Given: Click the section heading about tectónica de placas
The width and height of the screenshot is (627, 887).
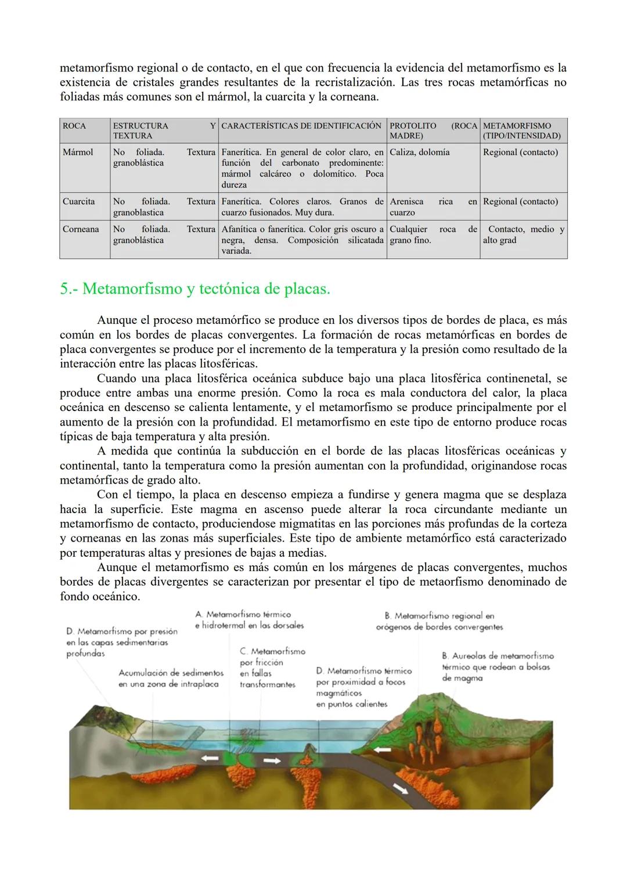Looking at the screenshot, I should [195, 289].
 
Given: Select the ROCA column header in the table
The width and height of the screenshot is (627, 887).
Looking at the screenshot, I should [74, 126].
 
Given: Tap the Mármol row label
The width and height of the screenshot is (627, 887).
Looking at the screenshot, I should [78, 152].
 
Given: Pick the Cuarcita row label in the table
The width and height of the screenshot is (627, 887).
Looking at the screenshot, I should [78, 201].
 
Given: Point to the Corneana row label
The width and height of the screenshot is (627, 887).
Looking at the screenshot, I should [81, 229].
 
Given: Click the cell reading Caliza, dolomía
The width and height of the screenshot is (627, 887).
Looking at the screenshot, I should [419, 152].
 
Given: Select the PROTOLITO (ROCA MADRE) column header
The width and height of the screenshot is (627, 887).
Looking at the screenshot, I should [433, 131].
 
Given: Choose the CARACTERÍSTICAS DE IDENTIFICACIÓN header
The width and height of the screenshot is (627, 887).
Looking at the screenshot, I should [301, 126].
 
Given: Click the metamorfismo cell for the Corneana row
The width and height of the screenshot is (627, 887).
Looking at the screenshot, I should [522, 235].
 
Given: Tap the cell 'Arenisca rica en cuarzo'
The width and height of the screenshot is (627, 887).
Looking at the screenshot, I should [433, 207].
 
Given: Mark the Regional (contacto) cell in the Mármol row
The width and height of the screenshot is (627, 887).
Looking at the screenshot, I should [520, 152].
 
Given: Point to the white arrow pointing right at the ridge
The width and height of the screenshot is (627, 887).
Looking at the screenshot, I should [271, 760].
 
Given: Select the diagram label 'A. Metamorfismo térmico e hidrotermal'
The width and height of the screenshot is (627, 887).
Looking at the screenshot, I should [249, 619].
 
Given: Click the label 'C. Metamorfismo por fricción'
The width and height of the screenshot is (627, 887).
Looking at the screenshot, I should [271, 668].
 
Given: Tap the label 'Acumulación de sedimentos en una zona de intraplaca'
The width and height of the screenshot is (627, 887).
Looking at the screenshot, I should [171, 678].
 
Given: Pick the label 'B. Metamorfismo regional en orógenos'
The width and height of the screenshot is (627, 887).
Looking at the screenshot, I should [439, 621].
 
